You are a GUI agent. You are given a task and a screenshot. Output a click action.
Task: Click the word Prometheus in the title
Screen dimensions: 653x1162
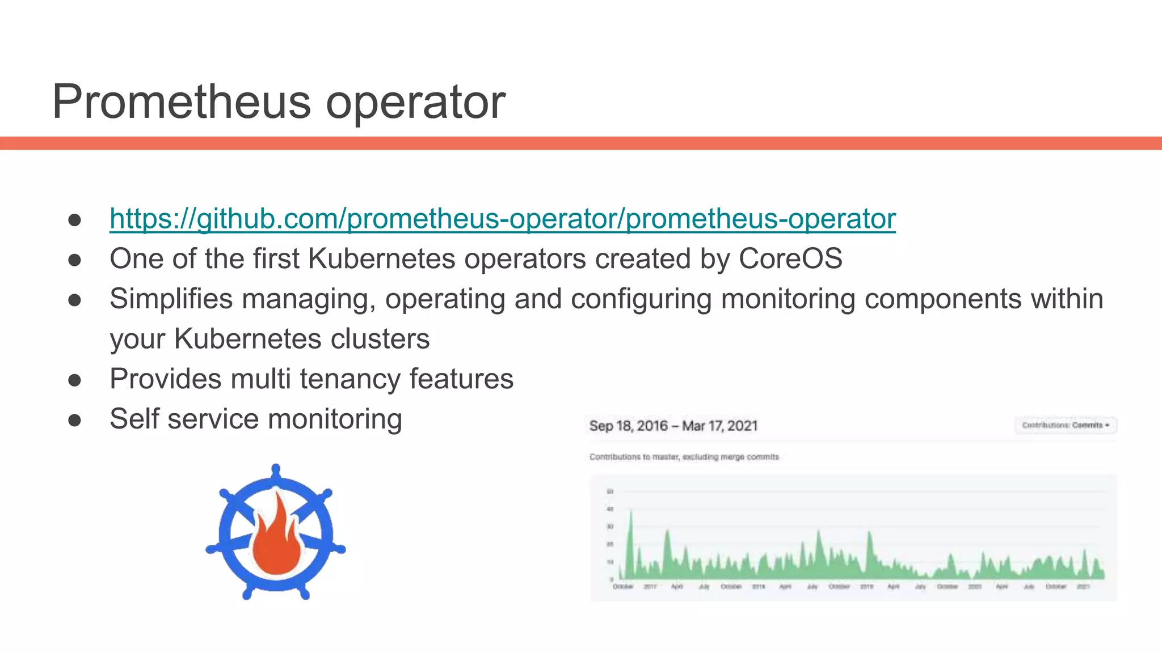(x=181, y=102)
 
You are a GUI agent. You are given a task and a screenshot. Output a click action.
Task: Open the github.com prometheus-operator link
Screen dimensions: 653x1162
(x=503, y=219)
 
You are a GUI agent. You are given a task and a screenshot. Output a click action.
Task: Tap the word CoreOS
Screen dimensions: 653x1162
(x=790, y=259)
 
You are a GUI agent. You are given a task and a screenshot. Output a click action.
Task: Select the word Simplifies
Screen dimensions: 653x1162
(x=171, y=299)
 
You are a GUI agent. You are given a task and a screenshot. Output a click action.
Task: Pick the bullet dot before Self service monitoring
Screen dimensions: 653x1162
(x=74, y=420)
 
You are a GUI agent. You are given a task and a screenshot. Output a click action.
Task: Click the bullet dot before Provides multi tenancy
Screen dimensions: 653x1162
(x=74, y=380)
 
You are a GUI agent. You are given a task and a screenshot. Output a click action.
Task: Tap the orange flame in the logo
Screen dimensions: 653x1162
(x=277, y=538)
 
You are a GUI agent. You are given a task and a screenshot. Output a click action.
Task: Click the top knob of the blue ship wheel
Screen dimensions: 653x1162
(x=276, y=470)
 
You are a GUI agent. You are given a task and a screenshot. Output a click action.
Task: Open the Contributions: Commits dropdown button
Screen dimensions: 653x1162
(x=1066, y=425)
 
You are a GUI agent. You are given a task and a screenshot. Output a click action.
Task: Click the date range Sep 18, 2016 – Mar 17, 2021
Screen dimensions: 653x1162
(x=673, y=426)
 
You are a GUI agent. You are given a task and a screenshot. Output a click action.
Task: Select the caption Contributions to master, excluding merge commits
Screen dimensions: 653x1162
(x=684, y=457)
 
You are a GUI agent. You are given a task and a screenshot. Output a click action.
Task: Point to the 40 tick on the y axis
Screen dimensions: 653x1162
(x=610, y=509)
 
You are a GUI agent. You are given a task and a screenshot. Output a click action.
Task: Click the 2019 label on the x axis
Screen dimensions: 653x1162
(x=866, y=587)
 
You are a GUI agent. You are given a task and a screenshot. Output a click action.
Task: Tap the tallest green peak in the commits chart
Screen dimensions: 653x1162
(x=630, y=513)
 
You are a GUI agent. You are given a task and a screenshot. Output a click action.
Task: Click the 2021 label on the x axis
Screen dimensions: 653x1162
(x=1083, y=587)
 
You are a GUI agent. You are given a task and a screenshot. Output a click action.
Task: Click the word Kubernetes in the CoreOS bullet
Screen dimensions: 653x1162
(x=381, y=259)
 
